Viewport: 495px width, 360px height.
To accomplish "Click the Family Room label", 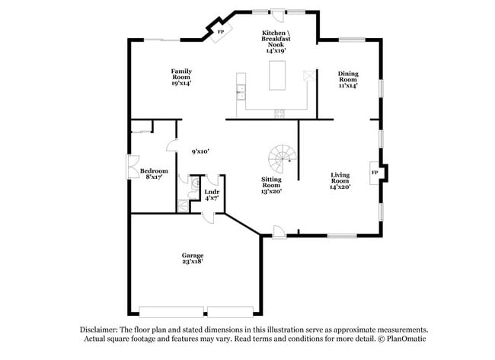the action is click(181, 74).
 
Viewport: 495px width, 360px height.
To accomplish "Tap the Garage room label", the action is click(193, 255).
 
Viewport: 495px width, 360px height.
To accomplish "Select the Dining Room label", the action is click(348, 76).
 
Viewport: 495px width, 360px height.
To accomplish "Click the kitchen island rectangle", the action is click(277, 75).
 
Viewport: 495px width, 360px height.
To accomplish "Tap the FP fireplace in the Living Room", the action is click(375, 173).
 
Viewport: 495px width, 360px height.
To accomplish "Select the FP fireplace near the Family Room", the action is click(222, 32).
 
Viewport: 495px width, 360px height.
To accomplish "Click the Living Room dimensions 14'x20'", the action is click(340, 186).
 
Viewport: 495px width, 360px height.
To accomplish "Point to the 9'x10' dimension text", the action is click(200, 151).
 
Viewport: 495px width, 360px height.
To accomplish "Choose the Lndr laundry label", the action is click(212, 192).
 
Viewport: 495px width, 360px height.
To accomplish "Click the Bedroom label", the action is click(154, 170).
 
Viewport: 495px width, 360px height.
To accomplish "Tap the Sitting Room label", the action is click(272, 182).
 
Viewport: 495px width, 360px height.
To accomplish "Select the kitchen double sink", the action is click(241, 92).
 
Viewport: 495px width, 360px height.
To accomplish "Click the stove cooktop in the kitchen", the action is click(279, 113).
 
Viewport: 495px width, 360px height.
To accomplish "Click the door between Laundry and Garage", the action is click(209, 218).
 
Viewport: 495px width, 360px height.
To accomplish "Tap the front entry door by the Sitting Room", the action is click(279, 232).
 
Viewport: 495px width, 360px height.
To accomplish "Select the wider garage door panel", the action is click(171, 312).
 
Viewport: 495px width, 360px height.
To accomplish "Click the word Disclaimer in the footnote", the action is click(99, 330).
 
